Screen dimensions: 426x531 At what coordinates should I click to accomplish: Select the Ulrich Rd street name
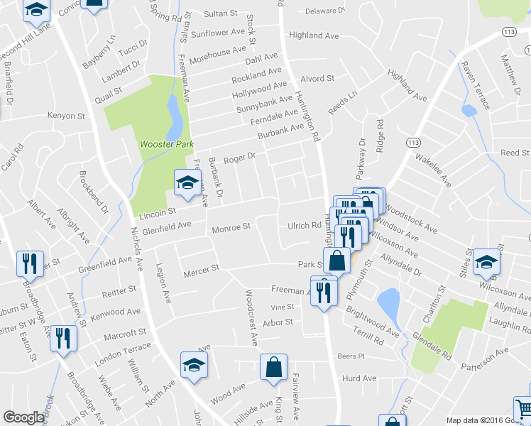pyautogui.click(x=304, y=226)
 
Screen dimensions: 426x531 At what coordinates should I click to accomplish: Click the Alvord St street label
pyautogui.click(x=317, y=79)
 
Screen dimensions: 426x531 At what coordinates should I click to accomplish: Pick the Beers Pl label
pyautogui.click(x=351, y=356)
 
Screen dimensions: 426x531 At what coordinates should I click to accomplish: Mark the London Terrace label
pyautogui.click(x=123, y=349)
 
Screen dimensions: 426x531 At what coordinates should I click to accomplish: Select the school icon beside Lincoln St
pyautogui.click(x=187, y=183)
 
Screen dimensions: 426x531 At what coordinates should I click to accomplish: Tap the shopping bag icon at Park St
pyautogui.click(x=336, y=261)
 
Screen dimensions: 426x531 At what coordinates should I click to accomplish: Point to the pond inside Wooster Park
pyautogui.click(x=173, y=119)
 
